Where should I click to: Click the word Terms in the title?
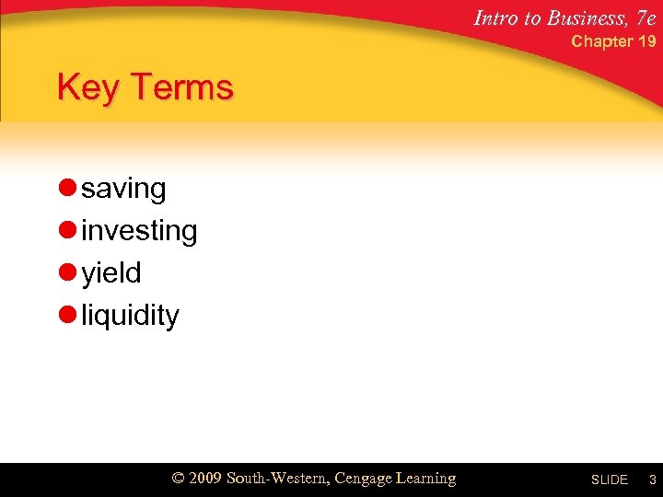click(x=182, y=88)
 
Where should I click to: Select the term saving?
click(x=123, y=189)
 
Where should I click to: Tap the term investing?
click(x=139, y=231)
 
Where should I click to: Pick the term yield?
click(x=110, y=273)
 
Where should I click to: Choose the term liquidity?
click(x=130, y=316)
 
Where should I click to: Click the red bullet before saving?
click(x=66, y=189)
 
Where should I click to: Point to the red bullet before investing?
click(x=66, y=231)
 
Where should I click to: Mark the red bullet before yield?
click(x=66, y=273)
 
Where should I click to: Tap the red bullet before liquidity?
click(x=66, y=316)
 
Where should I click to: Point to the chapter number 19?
click(x=647, y=41)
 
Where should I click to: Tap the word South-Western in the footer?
click(x=276, y=479)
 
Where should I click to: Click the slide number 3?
click(x=651, y=480)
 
